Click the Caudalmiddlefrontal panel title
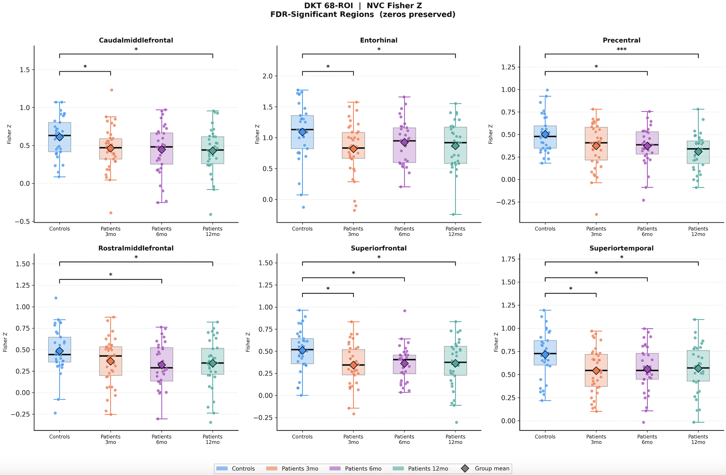pyautogui.click(x=136, y=40)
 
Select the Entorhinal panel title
pyautogui.click(x=378, y=40)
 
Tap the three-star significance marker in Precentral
pyautogui.click(x=621, y=49)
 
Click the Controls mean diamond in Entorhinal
pyautogui.click(x=302, y=132)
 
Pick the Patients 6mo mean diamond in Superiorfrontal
pyautogui.click(x=404, y=363)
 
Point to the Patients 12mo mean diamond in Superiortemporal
pyautogui.click(x=698, y=368)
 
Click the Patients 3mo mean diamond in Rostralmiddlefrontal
pyautogui.click(x=110, y=361)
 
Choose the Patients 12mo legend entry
pyautogui.click(x=422, y=468)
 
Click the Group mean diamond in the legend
pyautogui.click(x=465, y=468)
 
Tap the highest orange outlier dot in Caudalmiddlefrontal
pyautogui.click(x=112, y=90)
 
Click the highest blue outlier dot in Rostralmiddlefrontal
pyautogui.click(x=56, y=298)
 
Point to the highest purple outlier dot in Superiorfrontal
pyautogui.click(x=405, y=311)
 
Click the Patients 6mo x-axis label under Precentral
pyautogui.click(x=647, y=231)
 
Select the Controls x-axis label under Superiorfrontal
pyautogui.click(x=302, y=437)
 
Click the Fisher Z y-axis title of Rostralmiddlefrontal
pyautogui.click(x=5, y=342)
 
